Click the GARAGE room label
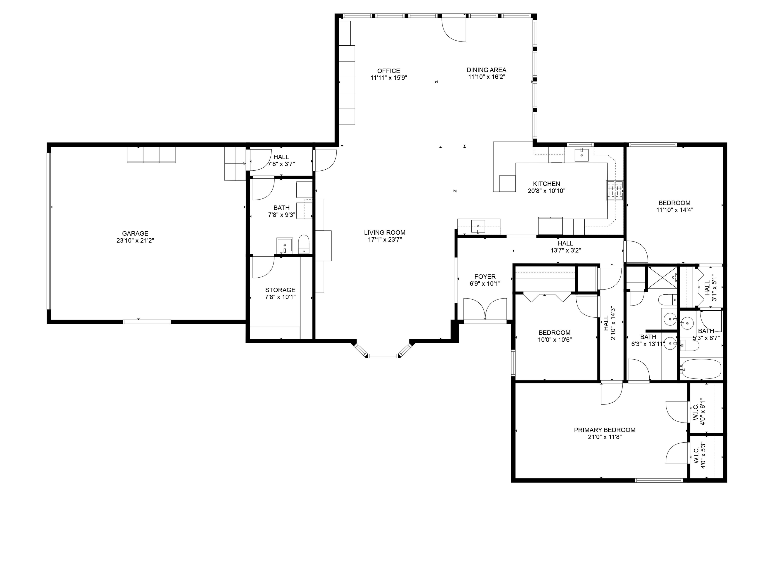135,234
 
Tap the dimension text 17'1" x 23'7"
385,240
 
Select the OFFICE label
388,71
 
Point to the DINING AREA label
486,70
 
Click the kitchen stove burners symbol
615,190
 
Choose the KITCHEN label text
546,184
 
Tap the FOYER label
485,277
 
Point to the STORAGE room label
280,290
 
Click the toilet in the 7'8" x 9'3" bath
304,244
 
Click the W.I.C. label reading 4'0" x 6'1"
698,413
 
